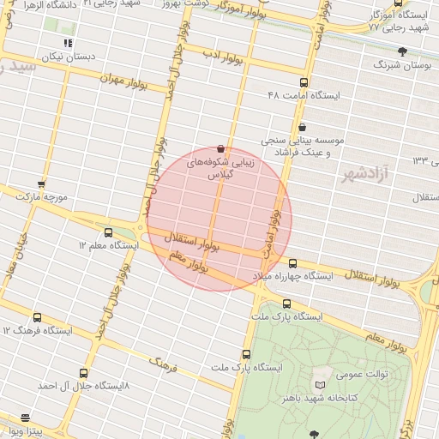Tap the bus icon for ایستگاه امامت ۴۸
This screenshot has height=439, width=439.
click(304, 82)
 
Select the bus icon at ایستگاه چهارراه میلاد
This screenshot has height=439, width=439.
click(293, 263)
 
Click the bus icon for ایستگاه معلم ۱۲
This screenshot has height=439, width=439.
click(108, 232)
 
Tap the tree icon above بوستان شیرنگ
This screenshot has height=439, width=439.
click(402, 51)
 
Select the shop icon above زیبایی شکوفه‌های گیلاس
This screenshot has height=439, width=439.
click(221, 148)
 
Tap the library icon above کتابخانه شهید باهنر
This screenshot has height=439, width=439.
click(321, 386)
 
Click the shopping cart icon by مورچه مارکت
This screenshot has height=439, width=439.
click(40, 184)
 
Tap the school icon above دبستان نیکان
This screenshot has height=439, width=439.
click(69, 43)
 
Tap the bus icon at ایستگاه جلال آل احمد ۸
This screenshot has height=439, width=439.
click(83, 373)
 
